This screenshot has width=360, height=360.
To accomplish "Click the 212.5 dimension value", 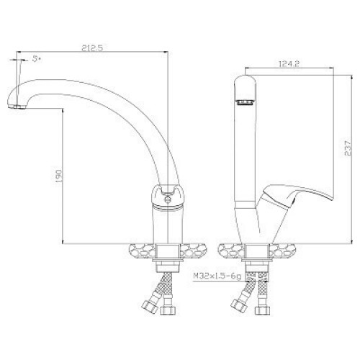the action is tap(92, 48).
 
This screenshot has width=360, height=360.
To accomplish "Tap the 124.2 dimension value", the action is tap(289, 64).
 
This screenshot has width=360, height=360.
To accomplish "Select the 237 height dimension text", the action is tap(348, 148).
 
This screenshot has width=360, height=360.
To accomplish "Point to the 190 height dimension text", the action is tap(59, 176).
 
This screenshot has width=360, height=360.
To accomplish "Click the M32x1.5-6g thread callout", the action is tap(217, 276).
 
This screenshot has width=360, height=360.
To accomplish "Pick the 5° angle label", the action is tap(36, 59).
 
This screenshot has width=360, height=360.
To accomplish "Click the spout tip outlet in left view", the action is tap(17, 107).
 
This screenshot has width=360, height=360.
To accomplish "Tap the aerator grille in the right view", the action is tap(245, 102).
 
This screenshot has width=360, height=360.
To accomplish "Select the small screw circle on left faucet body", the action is tap(168, 199).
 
